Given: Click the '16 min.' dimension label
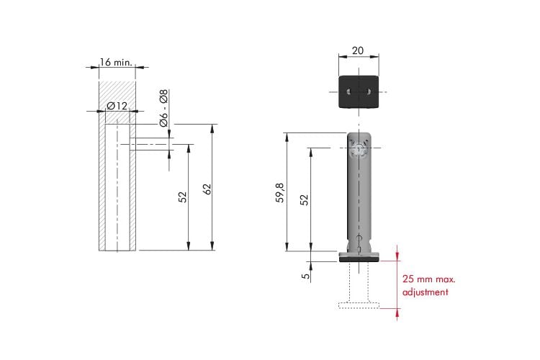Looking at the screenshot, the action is tap(116, 63).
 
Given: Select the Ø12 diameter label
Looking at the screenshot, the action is tap(117, 106).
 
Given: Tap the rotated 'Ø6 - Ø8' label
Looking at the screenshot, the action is tap(163, 108).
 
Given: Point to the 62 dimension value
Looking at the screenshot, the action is tap(207, 189).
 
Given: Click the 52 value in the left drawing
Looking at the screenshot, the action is tap(183, 197).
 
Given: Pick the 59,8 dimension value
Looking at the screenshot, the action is tap(280, 192).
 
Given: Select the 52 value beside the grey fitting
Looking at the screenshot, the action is tap(304, 200).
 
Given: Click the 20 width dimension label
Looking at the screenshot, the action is tap(357, 50).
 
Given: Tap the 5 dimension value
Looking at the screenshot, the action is tap(305, 276).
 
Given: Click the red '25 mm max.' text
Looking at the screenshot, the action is tap(429, 279).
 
